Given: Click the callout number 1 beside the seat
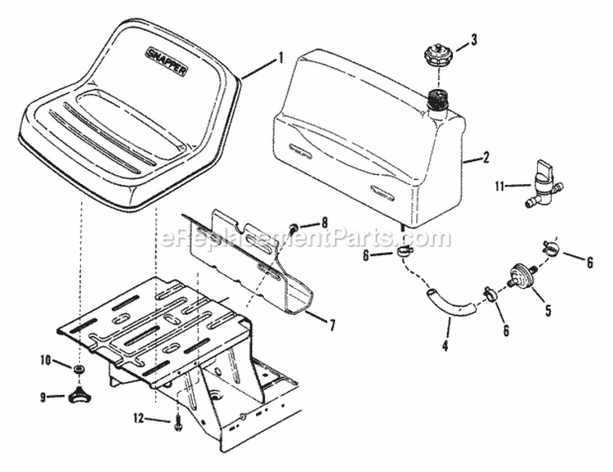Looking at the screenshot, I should point(280,57).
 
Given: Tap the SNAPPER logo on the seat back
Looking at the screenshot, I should point(166,60).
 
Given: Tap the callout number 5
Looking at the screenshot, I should point(548,310).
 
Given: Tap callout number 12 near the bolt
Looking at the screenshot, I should point(137,418).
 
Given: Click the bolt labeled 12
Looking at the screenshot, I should point(177,422).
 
